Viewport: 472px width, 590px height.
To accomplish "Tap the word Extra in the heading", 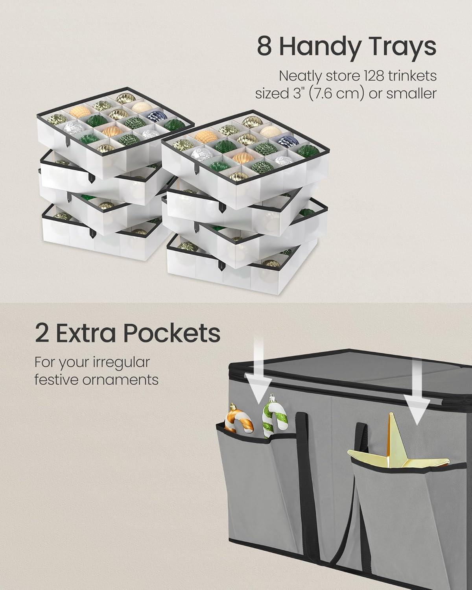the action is coord(87,333).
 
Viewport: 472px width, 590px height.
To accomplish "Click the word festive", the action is coord(55,380).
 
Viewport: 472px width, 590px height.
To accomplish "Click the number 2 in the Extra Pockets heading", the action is coord(42,333).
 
